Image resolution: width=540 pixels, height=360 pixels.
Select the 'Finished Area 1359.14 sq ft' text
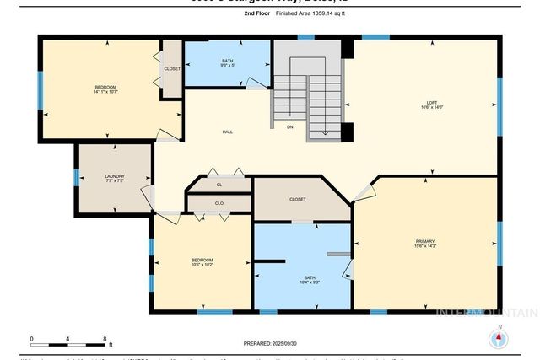click(x=310, y=14)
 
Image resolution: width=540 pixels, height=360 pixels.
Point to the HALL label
click(x=228, y=132)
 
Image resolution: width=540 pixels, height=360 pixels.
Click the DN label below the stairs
click(x=289, y=127)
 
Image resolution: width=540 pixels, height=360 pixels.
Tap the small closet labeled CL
click(x=219, y=184)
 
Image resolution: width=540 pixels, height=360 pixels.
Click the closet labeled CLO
click(x=219, y=203)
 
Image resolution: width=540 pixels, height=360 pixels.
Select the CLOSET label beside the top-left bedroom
click(x=172, y=68)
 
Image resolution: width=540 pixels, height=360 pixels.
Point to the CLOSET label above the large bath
click(x=297, y=199)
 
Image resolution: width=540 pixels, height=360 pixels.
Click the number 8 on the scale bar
click(x=105, y=340)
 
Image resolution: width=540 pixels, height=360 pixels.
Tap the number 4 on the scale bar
click(x=68, y=340)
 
